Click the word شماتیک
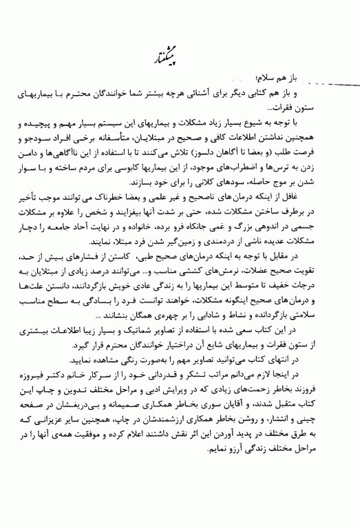pos(178,331)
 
